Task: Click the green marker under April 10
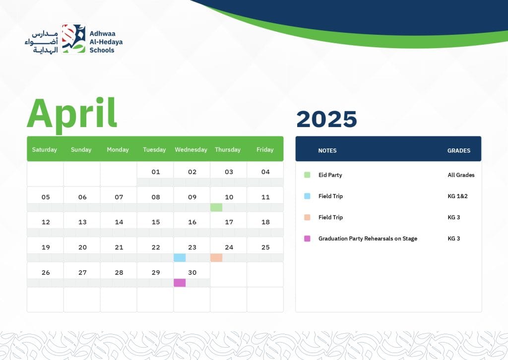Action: click(216, 207)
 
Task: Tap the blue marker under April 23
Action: click(180, 258)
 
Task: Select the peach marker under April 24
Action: click(216, 258)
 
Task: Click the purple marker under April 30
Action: click(180, 283)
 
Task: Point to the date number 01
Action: click(156, 172)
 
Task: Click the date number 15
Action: click(156, 222)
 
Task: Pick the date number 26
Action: click(46, 273)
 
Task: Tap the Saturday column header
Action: click(44, 149)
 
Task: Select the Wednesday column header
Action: click(191, 149)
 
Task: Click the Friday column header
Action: click(265, 149)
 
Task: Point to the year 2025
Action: click(326, 119)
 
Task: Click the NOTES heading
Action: click(327, 150)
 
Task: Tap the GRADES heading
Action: click(459, 150)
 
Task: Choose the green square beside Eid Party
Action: click(307, 175)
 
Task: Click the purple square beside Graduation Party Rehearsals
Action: click(307, 238)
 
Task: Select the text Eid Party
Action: click(330, 175)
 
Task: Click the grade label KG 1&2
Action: click(457, 196)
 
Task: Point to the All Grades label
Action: click(461, 175)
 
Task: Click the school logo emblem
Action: click(73, 39)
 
